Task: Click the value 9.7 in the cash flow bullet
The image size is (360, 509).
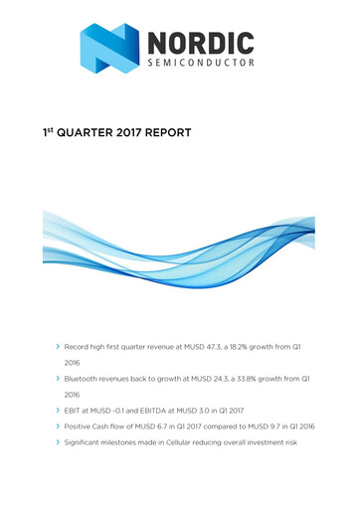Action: coord(285,424)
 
